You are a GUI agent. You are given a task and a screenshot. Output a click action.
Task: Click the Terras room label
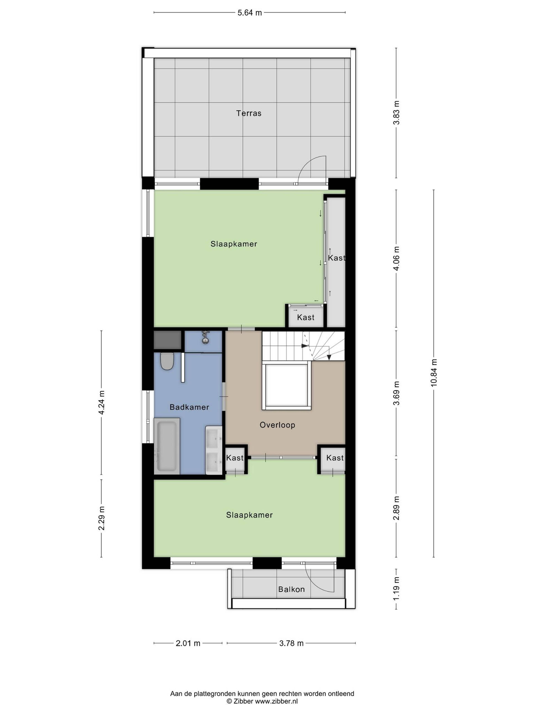click(249, 113)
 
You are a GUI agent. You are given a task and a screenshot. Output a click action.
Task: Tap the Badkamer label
click(189, 407)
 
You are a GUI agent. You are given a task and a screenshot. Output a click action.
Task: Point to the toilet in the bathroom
click(167, 361)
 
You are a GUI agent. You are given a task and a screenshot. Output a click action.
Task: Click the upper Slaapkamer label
click(234, 244)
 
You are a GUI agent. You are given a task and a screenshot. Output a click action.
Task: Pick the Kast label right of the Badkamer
click(235, 458)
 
